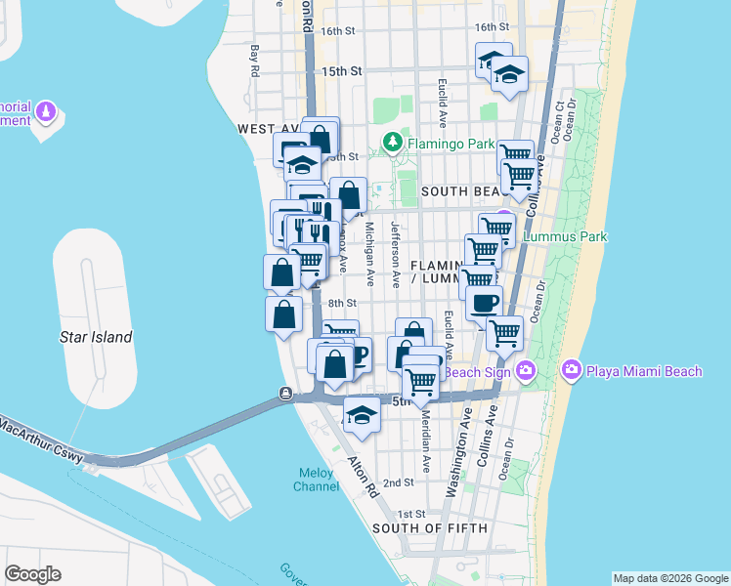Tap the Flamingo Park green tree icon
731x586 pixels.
click(393, 144)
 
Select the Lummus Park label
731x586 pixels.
click(565, 236)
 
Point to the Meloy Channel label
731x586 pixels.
click(317, 480)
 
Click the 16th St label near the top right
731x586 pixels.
click(492, 27)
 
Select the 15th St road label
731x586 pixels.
click(342, 71)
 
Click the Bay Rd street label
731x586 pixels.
click(254, 61)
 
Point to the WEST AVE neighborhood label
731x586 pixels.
click(266, 129)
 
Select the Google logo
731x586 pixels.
click(32, 574)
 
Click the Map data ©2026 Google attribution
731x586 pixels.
click(669, 578)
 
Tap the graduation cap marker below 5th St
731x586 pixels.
click(362, 415)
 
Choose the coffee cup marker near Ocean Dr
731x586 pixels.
click(484, 302)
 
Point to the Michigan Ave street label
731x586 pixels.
click(370, 253)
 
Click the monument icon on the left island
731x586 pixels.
click(45, 113)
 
